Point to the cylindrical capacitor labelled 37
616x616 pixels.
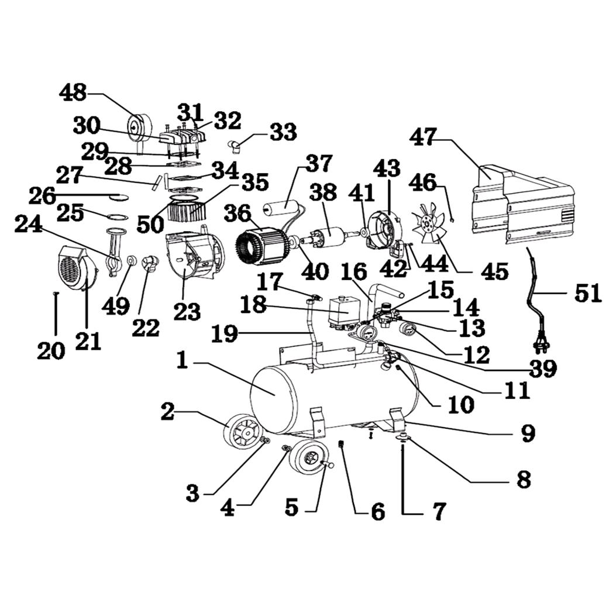coord(284,208)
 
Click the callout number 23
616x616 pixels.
coord(187,312)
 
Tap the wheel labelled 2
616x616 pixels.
coord(242,433)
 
